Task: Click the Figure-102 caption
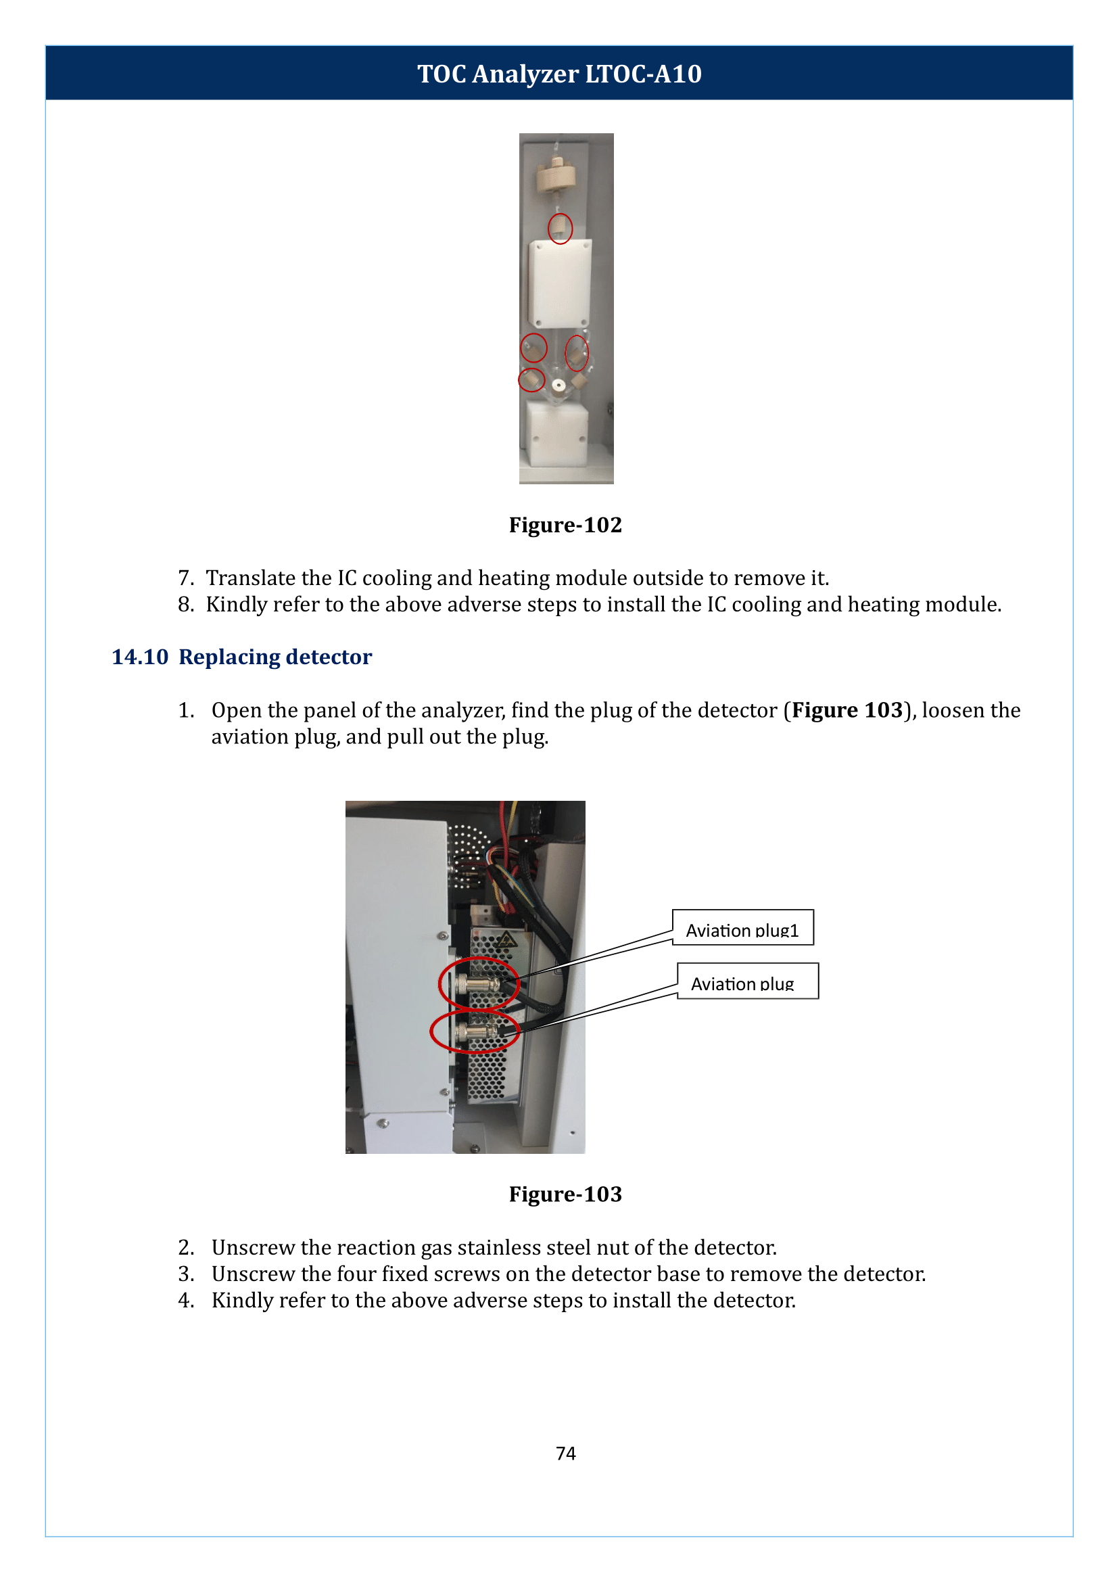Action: click(x=565, y=526)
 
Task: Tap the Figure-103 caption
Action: click(x=565, y=1194)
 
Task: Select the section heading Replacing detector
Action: click(x=275, y=657)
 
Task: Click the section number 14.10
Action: click(x=140, y=657)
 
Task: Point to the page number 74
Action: click(x=566, y=1453)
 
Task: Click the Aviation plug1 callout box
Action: click(x=742, y=929)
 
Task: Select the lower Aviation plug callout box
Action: click(x=747, y=981)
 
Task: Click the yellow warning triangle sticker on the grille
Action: click(x=506, y=939)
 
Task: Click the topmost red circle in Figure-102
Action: click(x=560, y=229)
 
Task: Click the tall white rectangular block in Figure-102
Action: click(x=560, y=284)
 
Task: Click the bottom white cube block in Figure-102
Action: click(x=556, y=434)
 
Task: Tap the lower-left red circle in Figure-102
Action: click(x=531, y=380)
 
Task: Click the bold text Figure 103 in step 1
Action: click(x=847, y=711)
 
